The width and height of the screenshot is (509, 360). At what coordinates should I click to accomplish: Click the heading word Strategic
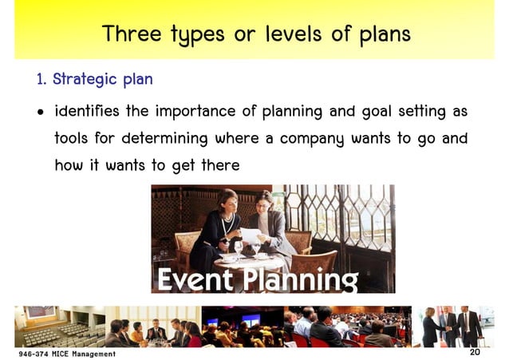(x=85, y=80)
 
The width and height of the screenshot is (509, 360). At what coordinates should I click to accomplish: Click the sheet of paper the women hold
(x=251, y=235)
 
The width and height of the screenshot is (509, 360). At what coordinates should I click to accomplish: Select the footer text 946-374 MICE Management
(x=67, y=353)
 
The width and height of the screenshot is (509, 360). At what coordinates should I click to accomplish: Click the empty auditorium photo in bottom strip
(x=60, y=326)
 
